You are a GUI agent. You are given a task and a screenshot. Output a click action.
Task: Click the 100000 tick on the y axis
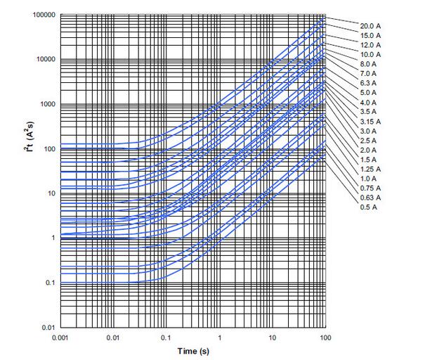[x=42, y=15]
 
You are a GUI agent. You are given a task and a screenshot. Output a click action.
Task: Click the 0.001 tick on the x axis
[x=60, y=339]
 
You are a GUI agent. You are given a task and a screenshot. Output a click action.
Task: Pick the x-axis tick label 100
[x=326, y=339]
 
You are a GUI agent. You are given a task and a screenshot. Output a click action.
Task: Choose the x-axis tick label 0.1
[x=166, y=339]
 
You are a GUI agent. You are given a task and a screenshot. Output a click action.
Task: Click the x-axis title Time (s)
[x=192, y=351]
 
